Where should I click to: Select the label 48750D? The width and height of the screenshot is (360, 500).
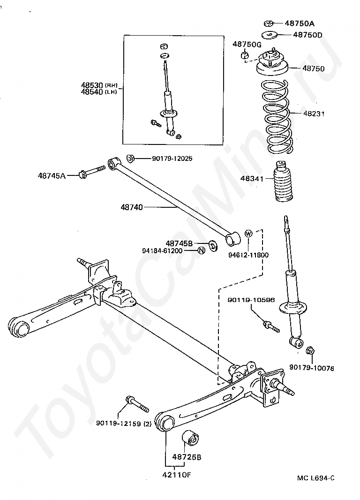click(308, 35)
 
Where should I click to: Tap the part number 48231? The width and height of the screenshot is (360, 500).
click(314, 114)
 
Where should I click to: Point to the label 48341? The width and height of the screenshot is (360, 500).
click(252, 179)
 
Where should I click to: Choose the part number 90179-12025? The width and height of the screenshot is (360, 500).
click(172, 159)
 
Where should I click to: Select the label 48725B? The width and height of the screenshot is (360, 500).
click(186, 456)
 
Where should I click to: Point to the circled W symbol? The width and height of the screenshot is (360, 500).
click(248, 234)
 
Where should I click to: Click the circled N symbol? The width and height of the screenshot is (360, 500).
click(201, 250)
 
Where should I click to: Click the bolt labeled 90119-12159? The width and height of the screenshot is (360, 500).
click(136, 404)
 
